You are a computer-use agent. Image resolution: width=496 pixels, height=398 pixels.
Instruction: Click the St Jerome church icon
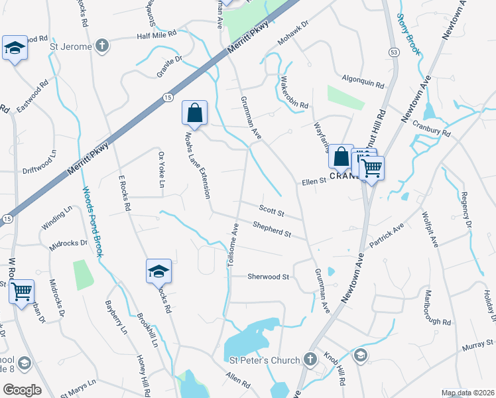coord(101,46)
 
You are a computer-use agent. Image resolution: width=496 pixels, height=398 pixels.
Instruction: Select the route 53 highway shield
coord(394,52)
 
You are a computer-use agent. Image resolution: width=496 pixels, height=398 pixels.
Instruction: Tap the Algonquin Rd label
coord(363,86)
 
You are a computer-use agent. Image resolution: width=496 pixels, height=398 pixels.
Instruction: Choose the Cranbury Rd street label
coord(430,128)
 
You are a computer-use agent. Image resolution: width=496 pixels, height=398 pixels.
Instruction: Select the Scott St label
coord(271,212)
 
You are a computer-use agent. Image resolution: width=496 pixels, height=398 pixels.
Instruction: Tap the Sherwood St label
coord(269,277)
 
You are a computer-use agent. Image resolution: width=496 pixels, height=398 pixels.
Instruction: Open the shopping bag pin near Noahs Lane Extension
coord(195,113)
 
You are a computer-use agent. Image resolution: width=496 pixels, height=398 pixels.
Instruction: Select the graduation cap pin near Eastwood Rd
coord(15,48)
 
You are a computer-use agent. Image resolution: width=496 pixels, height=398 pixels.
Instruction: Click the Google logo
coord(22,390)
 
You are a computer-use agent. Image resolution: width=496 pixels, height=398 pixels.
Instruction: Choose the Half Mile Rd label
coord(156,34)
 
